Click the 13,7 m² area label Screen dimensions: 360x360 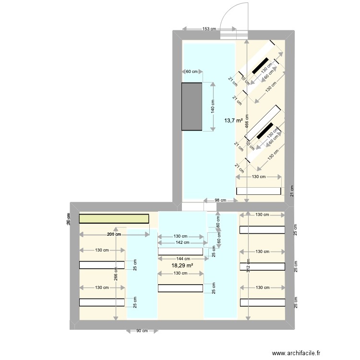tap(234, 120)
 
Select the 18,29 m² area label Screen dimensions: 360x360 tap(182, 265)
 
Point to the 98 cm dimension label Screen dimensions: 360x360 tap(207, 200)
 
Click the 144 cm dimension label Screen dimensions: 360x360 tap(181, 259)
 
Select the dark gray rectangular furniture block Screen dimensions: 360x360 tap(192, 106)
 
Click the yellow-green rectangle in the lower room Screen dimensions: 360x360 tap(114, 219)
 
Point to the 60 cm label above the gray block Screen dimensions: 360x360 tap(192, 72)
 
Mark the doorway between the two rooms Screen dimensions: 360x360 tap(199, 207)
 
